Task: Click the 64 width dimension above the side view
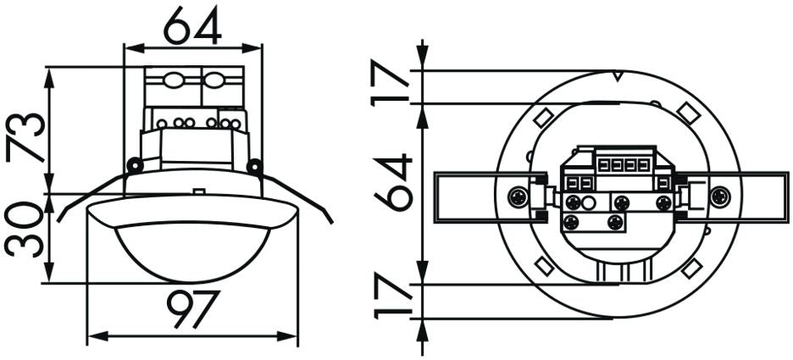tap(192, 25)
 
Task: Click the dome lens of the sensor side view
tap(192, 254)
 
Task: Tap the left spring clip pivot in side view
tap(133, 164)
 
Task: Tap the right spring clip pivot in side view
tap(253, 166)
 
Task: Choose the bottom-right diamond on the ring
tap(692, 267)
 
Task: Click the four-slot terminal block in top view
tap(625, 163)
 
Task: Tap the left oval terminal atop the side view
tap(174, 83)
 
